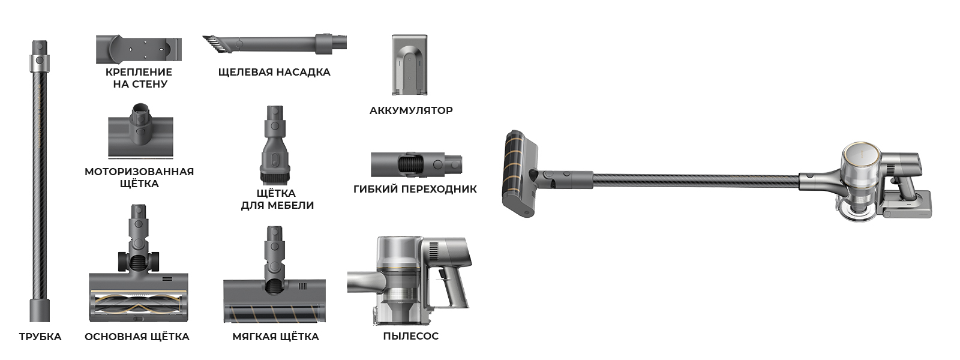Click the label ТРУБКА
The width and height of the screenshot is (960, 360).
40,337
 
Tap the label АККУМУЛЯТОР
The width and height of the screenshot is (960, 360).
411,110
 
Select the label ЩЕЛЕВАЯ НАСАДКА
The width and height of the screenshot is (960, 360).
274,72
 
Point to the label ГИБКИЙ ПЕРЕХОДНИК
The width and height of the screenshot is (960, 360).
415,189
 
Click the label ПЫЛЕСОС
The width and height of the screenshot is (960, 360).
410,336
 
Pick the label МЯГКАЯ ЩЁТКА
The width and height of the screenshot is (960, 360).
275,337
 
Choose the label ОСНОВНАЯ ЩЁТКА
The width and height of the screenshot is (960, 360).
137,337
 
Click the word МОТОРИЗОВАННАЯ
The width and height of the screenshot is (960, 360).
139,172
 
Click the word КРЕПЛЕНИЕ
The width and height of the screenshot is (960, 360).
139,72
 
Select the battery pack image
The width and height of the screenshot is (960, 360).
409,64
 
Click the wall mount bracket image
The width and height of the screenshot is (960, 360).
139,48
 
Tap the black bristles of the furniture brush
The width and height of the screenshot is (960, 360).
274,178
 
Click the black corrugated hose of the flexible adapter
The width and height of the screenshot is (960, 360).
410,164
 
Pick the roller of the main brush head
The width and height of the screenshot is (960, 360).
139,305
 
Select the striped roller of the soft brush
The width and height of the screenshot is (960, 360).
274,313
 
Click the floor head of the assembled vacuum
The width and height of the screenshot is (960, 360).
520,173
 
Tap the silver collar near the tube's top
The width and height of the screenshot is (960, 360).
40,63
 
